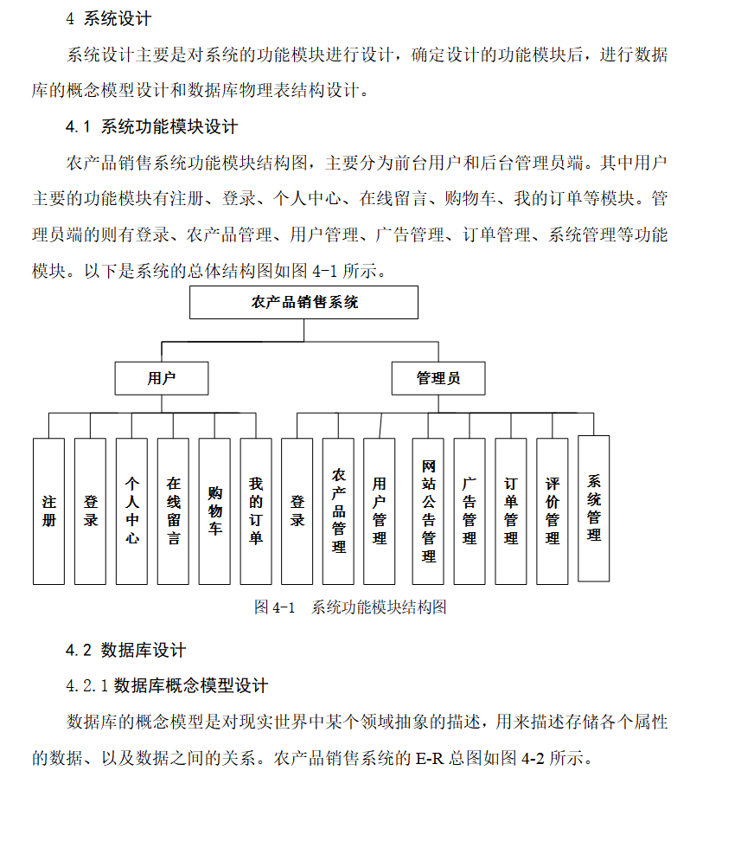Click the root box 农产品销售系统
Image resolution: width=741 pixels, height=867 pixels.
303,303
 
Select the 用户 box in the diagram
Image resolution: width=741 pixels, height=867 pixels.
161,378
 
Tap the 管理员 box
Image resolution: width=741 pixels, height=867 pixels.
438,378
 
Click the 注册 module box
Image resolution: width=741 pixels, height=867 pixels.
48,511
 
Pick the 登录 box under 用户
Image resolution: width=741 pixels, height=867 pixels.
90,511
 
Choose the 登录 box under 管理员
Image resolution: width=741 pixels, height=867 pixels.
297,511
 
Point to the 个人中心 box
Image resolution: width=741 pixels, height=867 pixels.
131,511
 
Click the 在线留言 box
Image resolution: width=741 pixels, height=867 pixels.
173,511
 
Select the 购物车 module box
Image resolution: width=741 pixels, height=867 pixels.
214,511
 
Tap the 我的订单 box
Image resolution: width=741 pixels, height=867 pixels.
256,511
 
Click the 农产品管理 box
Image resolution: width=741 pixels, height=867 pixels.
338,511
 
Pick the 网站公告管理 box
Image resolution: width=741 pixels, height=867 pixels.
428,511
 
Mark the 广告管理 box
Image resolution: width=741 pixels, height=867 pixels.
470,511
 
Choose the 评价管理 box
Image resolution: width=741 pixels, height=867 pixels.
553,511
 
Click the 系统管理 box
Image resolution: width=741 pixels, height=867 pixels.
594,508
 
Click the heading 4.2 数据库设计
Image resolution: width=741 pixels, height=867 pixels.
125,651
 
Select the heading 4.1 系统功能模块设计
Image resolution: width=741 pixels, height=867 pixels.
151,127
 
